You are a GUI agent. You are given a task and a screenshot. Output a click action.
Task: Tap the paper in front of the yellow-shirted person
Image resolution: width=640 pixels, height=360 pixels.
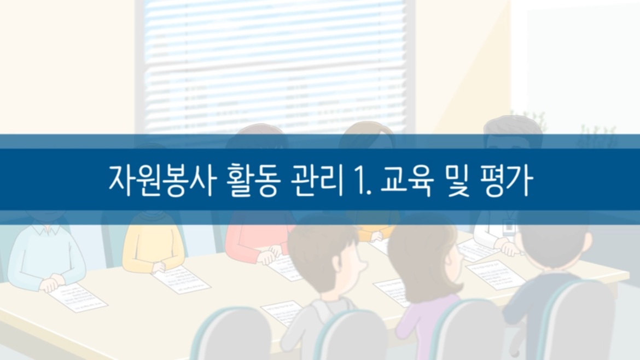[180, 279]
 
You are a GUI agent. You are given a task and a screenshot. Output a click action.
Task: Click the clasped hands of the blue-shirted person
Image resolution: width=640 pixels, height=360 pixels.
[52, 282]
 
